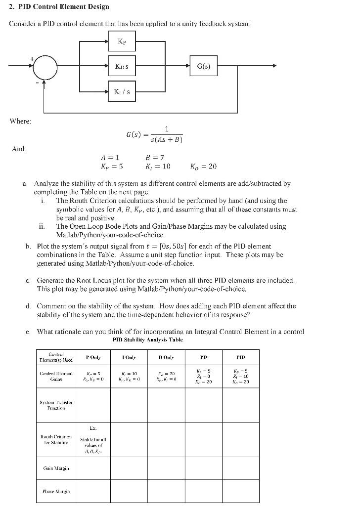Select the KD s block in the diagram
point(122,66)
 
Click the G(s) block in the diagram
point(204,66)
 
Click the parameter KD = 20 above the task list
point(203,167)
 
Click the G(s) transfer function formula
point(154,134)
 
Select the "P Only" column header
point(93,356)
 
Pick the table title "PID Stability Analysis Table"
point(148,339)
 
